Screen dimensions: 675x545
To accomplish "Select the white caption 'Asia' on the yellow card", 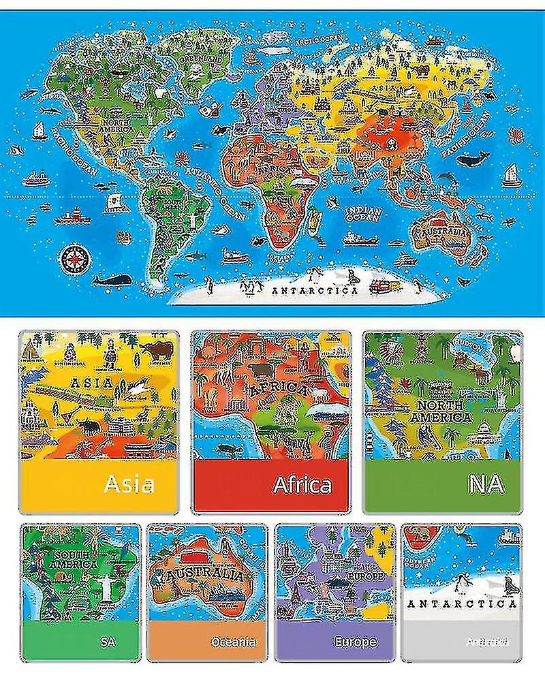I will [x=129, y=484].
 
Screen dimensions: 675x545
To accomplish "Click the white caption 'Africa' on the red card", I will [x=302, y=484].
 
